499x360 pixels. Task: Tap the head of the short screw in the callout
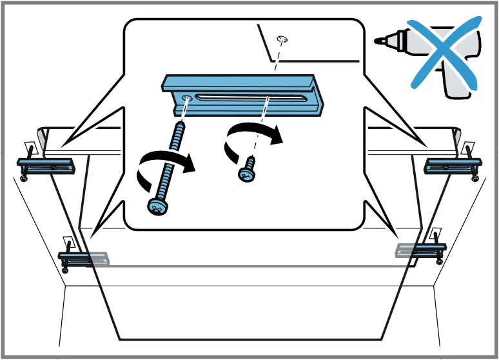[x=246, y=173]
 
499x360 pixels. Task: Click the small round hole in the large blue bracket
[x=187, y=97]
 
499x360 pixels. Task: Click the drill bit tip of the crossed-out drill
[x=378, y=41]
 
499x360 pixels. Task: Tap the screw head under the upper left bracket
[x=24, y=179]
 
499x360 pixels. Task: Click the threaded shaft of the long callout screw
[x=173, y=155]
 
